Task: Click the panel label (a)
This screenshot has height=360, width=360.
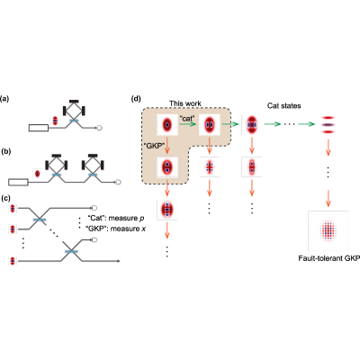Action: pyautogui.click(x=4, y=99)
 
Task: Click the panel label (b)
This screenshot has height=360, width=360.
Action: pyautogui.click(x=5, y=152)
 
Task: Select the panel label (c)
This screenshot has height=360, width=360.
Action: pyautogui.click(x=5, y=198)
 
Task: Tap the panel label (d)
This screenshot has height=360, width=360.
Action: pyautogui.click(x=136, y=99)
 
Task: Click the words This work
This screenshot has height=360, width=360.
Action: pyautogui.click(x=185, y=103)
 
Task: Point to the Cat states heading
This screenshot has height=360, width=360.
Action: pyautogui.click(x=283, y=106)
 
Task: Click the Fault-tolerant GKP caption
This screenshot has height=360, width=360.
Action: pyautogui.click(x=328, y=258)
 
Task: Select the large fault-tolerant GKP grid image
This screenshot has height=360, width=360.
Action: pyautogui.click(x=328, y=230)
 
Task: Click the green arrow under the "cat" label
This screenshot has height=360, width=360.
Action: pyautogui.click(x=187, y=123)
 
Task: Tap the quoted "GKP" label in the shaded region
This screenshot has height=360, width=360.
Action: pyautogui.click(x=155, y=147)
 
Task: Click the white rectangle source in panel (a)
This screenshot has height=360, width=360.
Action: pyautogui.click(x=39, y=128)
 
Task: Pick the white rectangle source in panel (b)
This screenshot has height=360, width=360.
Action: pyautogui.click(x=18, y=182)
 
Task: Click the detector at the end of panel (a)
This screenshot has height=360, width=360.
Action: pyautogui.click(x=100, y=128)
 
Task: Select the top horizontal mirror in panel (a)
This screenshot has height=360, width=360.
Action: pyautogui.click(x=74, y=102)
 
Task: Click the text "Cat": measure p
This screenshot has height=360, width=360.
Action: pyautogui.click(x=115, y=218)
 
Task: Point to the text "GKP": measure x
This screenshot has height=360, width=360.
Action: pyautogui.click(x=116, y=229)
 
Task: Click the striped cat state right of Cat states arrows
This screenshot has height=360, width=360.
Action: pyautogui.click(x=328, y=124)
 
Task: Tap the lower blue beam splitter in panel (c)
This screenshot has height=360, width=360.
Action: pyautogui.click(x=71, y=251)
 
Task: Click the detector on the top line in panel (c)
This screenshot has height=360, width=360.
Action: pyautogui.click(x=94, y=208)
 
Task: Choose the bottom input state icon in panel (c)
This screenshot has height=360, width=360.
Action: pyautogui.click(x=13, y=261)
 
